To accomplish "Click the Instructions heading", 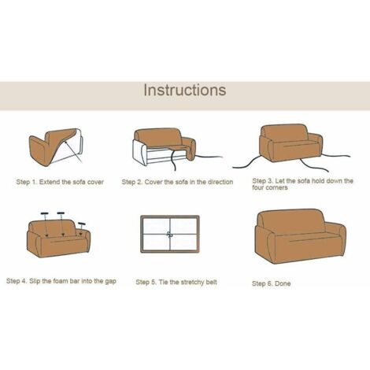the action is (x=185, y=90).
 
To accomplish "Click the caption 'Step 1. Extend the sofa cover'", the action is (x=60, y=182).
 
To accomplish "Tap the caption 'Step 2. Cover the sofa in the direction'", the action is (x=177, y=182).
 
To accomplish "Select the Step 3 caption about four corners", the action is (x=302, y=184).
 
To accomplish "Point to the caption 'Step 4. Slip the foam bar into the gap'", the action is (x=61, y=281).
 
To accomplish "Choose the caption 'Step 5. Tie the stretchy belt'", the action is (x=176, y=282).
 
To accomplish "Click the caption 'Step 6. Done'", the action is (x=271, y=283).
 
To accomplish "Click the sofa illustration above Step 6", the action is (x=300, y=236).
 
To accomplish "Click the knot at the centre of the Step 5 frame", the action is (x=170, y=234).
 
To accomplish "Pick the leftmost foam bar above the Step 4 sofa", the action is (x=45, y=213).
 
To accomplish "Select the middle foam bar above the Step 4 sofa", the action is (x=61, y=213).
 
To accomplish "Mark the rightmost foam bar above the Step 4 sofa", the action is (x=82, y=224).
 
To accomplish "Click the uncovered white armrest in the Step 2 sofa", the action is (x=139, y=152).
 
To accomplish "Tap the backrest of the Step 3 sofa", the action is (x=284, y=133).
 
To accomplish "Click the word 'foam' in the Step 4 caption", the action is (x=61, y=281).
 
